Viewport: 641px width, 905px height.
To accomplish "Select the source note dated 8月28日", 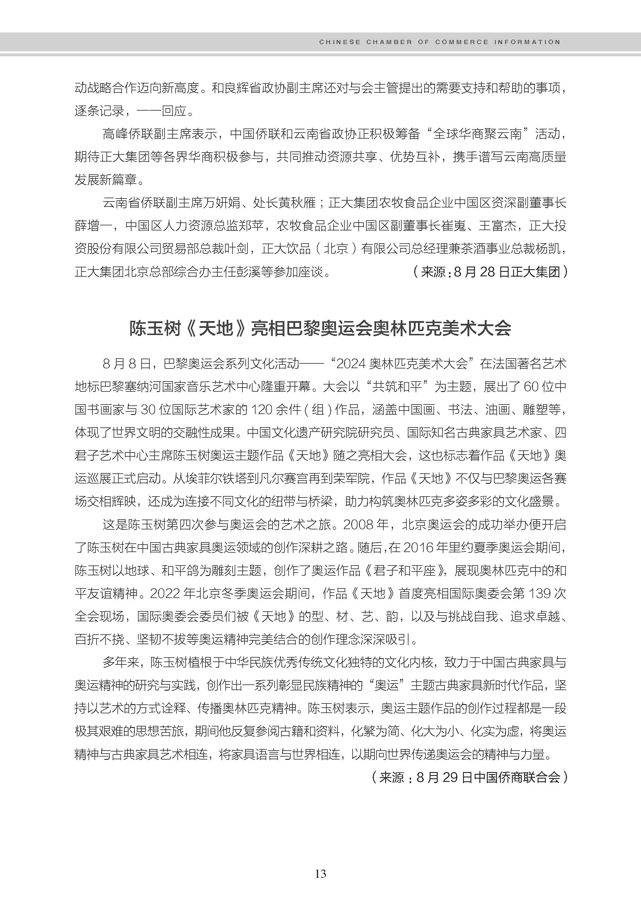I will click(x=490, y=272).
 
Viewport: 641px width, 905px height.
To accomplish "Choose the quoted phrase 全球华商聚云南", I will click(x=477, y=134).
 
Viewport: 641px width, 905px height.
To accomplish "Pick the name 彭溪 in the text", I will click(x=236, y=272).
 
